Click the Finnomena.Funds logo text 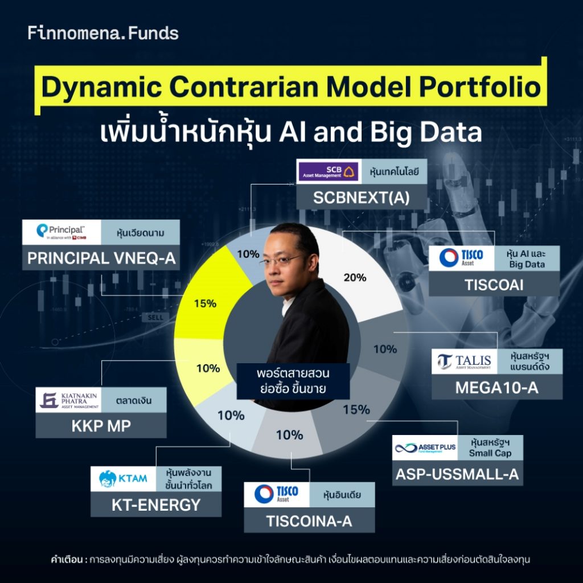[x=103, y=33]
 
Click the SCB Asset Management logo [x=329, y=171]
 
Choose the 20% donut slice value [x=355, y=277]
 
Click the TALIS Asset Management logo [x=463, y=362]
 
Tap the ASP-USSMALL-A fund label [x=458, y=474]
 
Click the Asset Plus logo [x=425, y=448]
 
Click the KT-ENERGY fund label [x=156, y=504]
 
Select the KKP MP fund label [x=101, y=426]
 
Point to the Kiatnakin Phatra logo [x=69, y=400]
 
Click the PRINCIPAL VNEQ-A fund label [x=101, y=258]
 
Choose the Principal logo [x=61, y=232]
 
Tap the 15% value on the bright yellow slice [x=204, y=303]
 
